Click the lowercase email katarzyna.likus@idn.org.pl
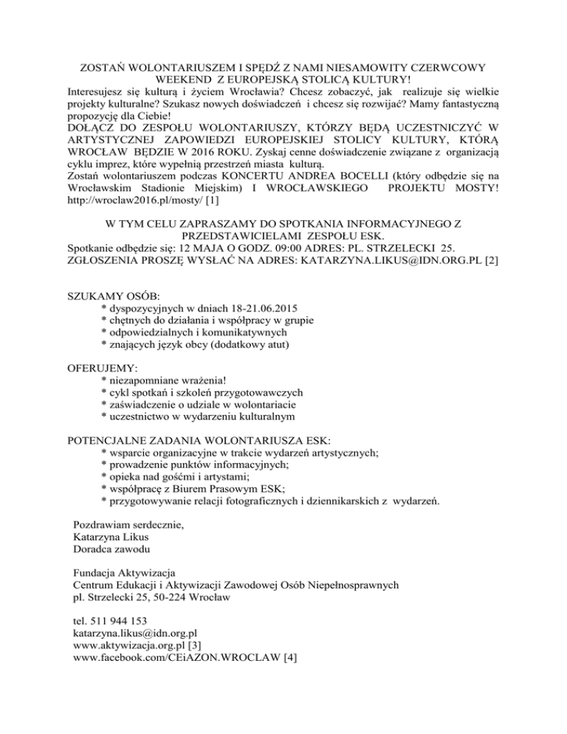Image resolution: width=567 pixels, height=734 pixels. (x=135, y=633)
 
